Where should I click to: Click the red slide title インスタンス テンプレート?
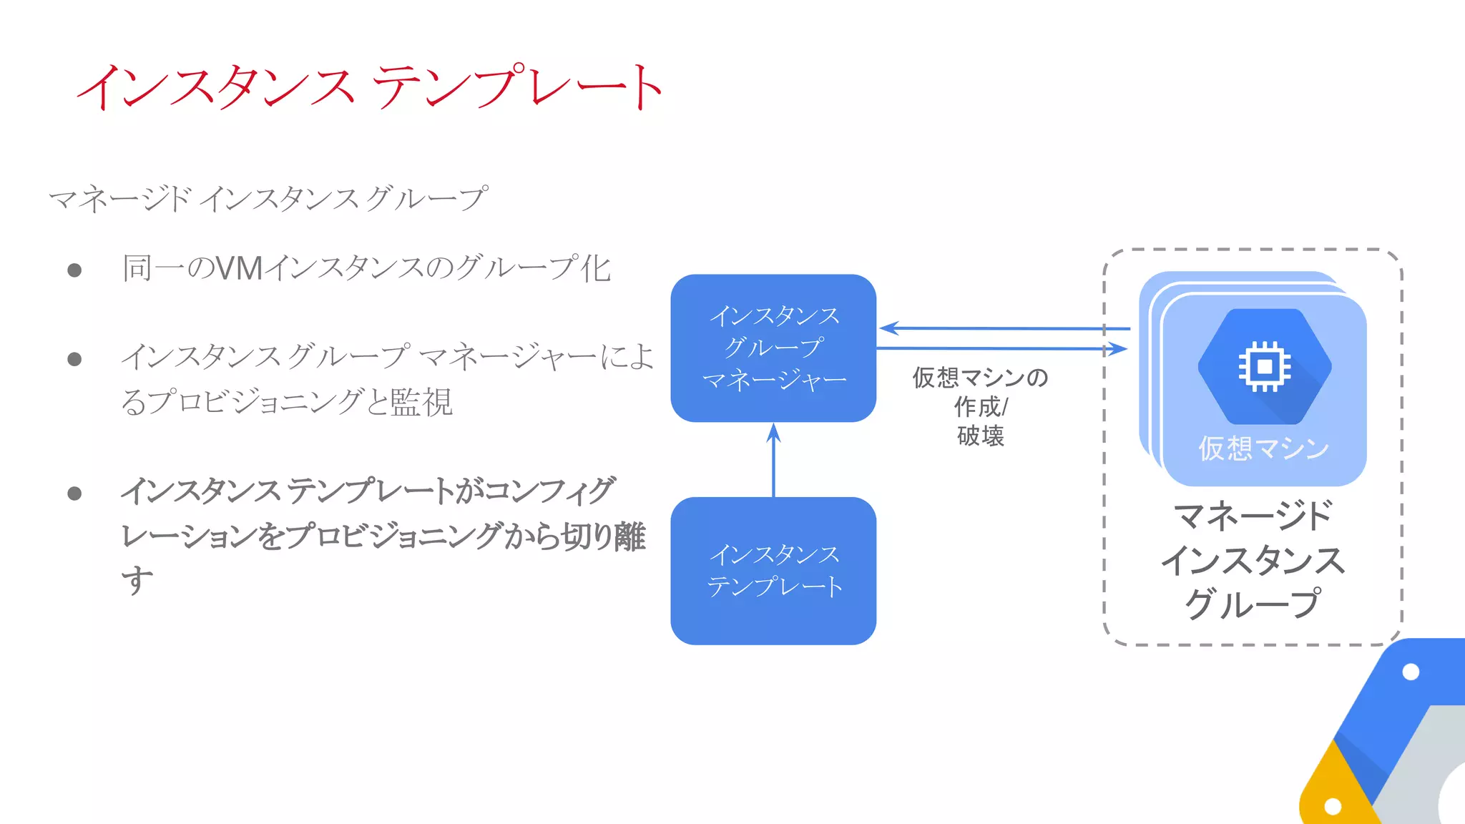point(371,87)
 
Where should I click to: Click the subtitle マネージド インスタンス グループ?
point(268,198)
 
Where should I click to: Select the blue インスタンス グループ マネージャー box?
point(773,348)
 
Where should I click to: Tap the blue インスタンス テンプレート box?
point(773,570)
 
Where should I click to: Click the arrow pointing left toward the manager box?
point(1001,328)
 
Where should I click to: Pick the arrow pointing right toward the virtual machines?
point(1001,348)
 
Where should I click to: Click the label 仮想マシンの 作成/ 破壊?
point(980,406)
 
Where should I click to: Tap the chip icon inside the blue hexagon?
point(1264,366)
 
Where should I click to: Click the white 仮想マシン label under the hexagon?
point(1263,448)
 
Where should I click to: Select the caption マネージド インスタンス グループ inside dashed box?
point(1253,559)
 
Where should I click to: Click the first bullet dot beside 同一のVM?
point(74,270)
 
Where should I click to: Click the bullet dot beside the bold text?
point(74,494)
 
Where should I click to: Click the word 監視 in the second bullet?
point(421,402)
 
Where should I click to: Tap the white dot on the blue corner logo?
point(1411,672)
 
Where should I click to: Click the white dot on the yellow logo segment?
point(1333,806)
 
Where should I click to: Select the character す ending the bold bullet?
point(137,579)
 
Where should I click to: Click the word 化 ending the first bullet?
point(595,269)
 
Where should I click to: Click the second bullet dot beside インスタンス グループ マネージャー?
point(74,359)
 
